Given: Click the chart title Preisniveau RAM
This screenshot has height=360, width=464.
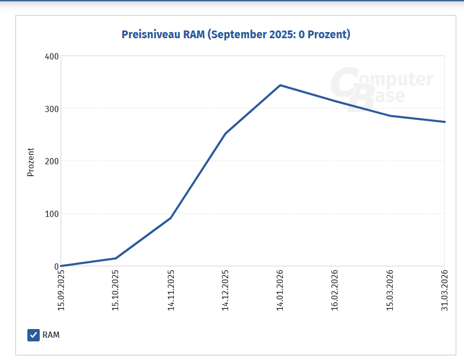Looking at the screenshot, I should click(236, 35).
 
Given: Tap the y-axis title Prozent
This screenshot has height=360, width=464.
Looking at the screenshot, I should click(30, 162).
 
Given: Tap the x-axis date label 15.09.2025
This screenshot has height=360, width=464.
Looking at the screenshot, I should click(61, 290).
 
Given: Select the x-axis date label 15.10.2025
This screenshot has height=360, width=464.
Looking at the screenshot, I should click(116, 290).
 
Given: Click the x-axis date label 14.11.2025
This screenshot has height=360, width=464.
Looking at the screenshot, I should click(171, 290).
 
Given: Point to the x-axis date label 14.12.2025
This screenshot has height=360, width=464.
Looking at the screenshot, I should click(226, 290).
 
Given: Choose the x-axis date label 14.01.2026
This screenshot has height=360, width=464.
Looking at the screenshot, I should click(280, 290).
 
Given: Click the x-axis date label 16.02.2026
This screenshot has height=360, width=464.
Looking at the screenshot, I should click(335, 290).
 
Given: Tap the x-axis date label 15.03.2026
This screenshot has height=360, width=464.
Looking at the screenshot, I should click(390, 290).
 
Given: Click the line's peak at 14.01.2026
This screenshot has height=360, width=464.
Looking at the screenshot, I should click(280, 85).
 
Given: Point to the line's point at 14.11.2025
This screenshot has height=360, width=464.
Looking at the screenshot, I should click(170, 218).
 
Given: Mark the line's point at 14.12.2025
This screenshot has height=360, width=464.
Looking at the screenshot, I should click(226, 134).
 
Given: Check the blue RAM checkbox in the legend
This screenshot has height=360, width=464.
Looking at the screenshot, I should click(34, 335).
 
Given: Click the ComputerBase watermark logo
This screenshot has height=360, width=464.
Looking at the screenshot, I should click(381, 88).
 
